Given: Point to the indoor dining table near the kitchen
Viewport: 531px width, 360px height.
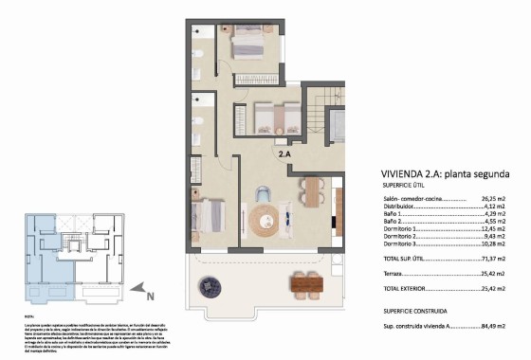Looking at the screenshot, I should [x=311, y=192].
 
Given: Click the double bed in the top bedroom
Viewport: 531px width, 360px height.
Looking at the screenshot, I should [x=248, y=42].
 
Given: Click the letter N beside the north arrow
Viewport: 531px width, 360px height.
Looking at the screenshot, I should [x=149, y=294].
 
